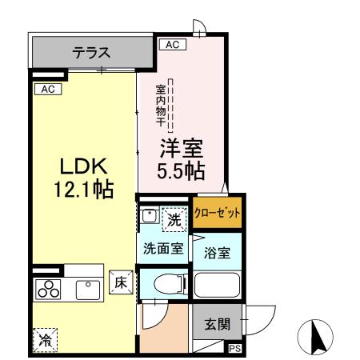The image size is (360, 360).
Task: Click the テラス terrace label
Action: coord(90,54)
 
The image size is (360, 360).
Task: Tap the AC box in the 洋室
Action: coord(171,46)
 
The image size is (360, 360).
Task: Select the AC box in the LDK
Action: coord(46,89)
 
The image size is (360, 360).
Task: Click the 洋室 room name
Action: coord(184,150)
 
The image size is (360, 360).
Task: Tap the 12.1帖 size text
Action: coord(82,190)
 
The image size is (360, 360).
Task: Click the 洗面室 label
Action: coord(163,247)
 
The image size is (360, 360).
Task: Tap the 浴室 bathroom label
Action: coord(218,254)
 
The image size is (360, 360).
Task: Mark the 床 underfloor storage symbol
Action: coord(119,282)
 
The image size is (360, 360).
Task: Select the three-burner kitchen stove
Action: coord(47,290)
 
